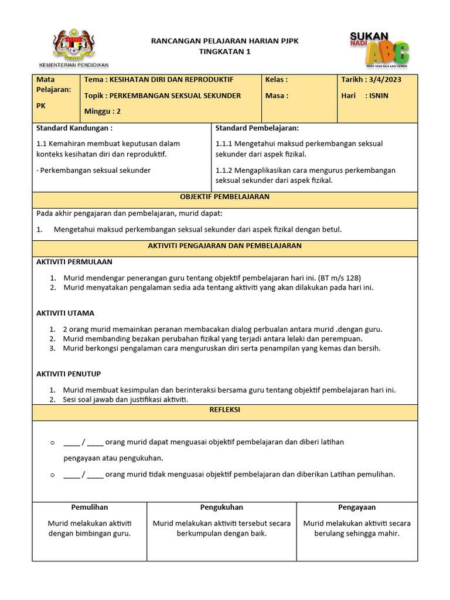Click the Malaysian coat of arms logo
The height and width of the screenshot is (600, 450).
pos(74,43)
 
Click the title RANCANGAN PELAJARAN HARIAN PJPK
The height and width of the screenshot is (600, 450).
pos(225,41)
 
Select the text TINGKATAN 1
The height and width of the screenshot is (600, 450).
pos(225,52)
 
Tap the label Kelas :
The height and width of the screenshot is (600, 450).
pos(277,80)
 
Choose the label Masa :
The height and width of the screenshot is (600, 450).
pos(277,96)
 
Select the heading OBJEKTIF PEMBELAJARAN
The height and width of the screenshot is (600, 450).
pos(225,197)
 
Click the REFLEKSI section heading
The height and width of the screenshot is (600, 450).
pos(225,410)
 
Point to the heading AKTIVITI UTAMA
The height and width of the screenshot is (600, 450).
pos(65,313)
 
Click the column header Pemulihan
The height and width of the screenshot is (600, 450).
pos(89,507)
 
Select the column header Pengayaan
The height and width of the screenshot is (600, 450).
pos(357,507)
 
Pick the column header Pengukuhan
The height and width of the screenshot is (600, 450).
pos(221,507)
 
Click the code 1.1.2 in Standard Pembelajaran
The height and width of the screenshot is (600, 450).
pos(224,171)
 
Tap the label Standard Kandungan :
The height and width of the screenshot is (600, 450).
pos(74,128)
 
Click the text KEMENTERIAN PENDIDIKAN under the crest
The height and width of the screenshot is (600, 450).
pos(74,64)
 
